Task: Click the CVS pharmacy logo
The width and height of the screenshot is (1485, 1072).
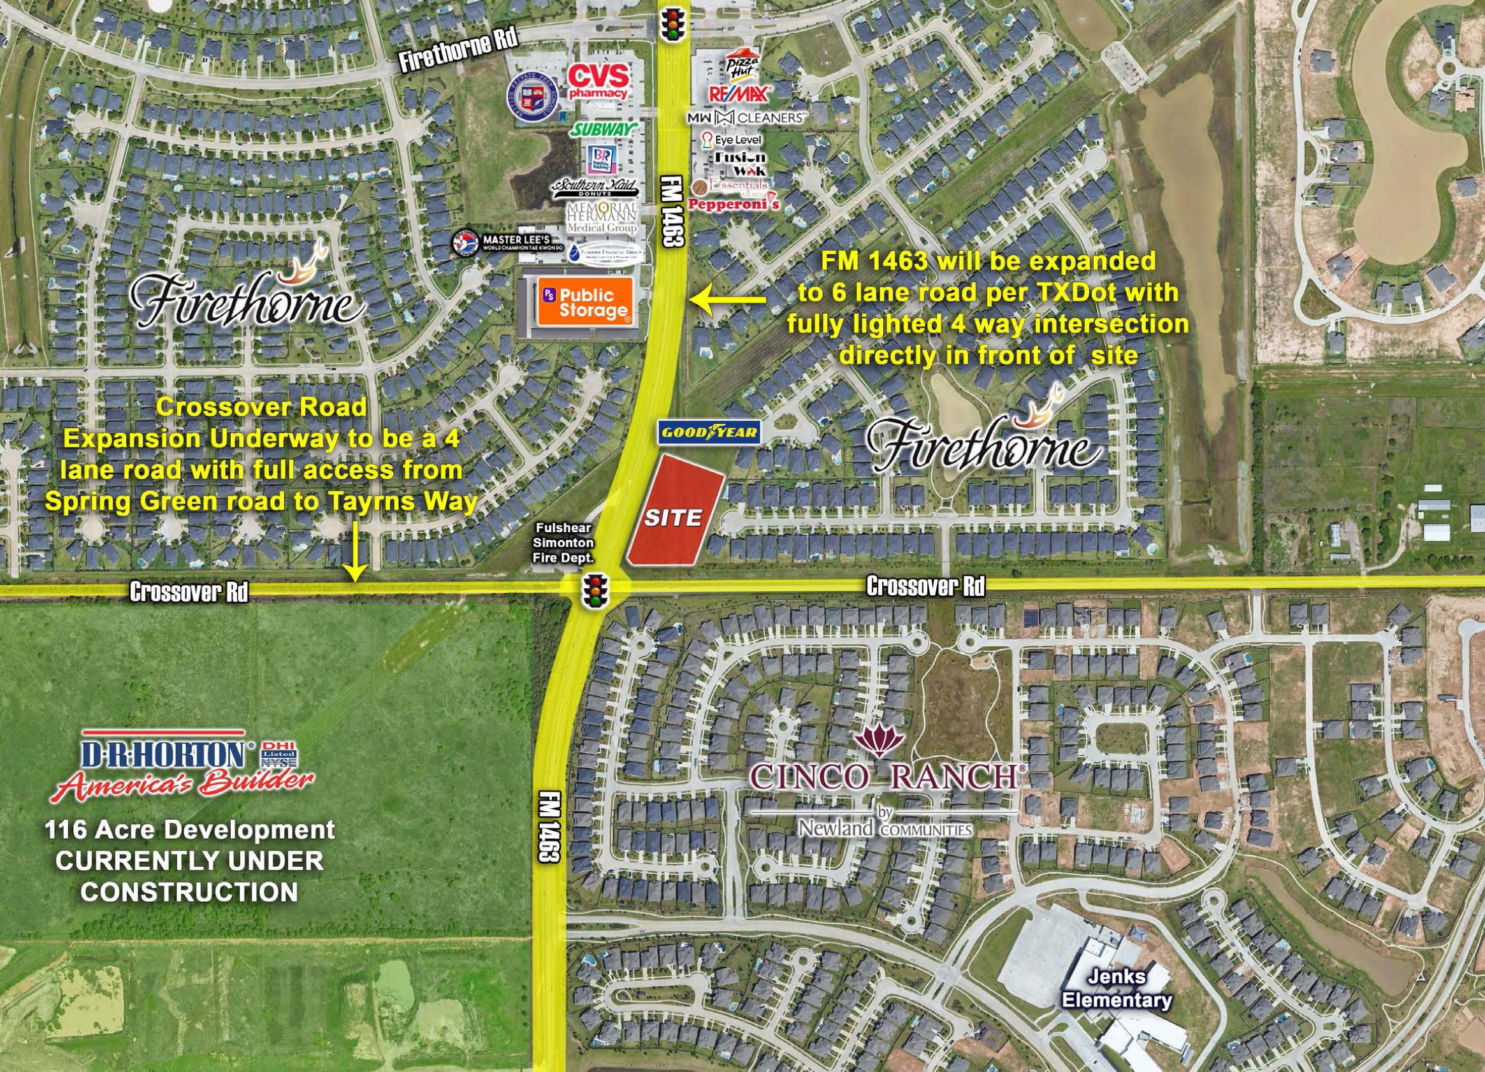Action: (597, 82)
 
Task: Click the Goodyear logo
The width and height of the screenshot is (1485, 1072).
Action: (709, 432)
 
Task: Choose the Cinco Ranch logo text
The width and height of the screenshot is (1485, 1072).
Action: (884, 777)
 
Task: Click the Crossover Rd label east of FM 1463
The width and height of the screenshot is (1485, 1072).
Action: (925, 587)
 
